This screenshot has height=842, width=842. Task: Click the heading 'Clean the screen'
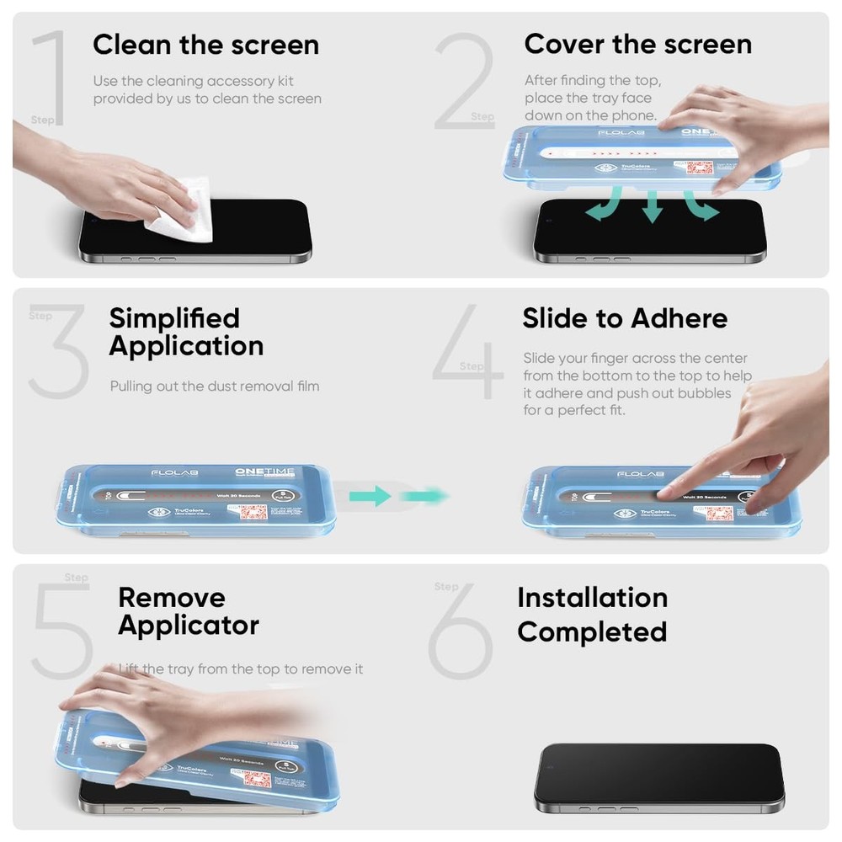[x=205, y=45]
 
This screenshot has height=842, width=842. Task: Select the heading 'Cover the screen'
[x=637, y=45]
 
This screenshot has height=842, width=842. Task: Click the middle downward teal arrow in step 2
[x=651, y=206]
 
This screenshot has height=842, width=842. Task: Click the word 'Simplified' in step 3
[x=174, y=318]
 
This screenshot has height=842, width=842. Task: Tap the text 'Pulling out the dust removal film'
[x=215, y=386]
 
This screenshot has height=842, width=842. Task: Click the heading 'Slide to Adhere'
[x=625, y=318]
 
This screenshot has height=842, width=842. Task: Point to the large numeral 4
[x=467, y=354]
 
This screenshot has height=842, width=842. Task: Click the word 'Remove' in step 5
[x=172, y=598]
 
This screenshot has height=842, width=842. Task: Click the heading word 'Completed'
[x=592, y=631]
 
